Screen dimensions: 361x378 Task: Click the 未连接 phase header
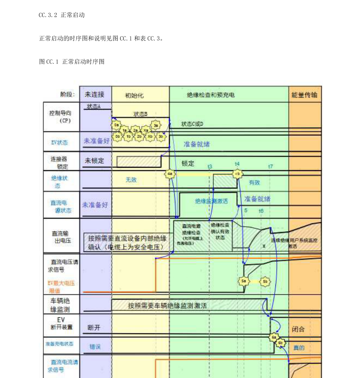pos(95,94)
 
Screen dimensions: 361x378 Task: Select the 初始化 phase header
pos(134,95)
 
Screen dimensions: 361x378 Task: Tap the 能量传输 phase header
pos(304,95)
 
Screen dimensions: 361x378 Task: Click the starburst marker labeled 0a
pos(117,125)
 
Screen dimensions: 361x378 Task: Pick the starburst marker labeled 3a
pos(156,125)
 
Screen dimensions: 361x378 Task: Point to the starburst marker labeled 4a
pos(169,174)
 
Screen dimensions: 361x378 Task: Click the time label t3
pos(210,166)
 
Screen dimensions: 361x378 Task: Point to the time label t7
pos(270,166)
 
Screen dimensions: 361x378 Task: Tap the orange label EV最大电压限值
pos(61,286)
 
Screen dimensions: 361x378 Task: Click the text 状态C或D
pos(192,124)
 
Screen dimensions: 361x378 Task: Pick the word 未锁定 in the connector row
pos(94,161)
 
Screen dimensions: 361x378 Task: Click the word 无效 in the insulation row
pos(131,180)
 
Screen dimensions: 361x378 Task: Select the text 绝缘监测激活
pos(211,201)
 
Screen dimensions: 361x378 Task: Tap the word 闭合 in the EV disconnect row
pos(298,329)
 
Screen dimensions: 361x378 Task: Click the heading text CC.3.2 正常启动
pos(62,15)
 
